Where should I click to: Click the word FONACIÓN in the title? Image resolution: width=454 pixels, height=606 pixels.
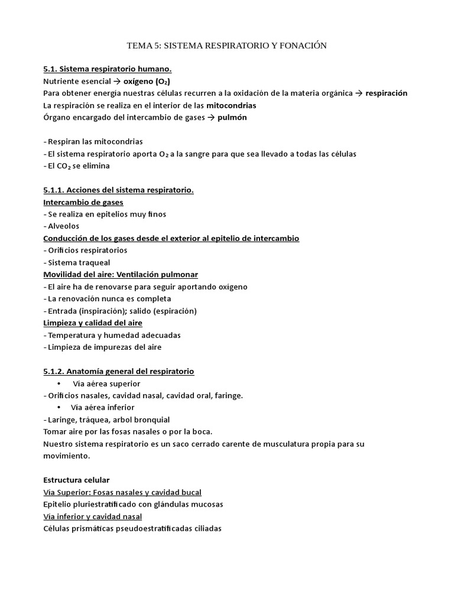tap(300, 46)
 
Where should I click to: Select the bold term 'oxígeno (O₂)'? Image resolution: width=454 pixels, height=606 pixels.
tap(150, 82)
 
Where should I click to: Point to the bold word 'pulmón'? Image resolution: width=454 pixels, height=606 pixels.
tap(232, 118)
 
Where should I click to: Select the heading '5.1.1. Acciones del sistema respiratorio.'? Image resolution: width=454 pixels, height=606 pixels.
tap(118, 190)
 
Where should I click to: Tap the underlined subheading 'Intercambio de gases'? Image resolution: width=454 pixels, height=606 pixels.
tap(83, 202)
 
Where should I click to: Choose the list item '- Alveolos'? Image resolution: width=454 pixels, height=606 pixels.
tap(61, 226)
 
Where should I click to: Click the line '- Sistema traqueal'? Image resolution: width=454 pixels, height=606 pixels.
tap(77, 262)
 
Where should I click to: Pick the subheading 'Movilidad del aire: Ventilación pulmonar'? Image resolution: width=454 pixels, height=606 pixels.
tap(121, 275)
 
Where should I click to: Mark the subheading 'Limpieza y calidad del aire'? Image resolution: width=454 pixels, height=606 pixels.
tap(93, 323)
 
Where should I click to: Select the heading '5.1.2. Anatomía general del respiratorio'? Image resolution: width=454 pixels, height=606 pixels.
tap(118, 371)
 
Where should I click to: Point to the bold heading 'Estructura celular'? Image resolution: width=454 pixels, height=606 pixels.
tap(76, 480)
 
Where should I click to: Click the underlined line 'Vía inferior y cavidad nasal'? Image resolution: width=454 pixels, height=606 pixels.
tap(93, 516)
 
